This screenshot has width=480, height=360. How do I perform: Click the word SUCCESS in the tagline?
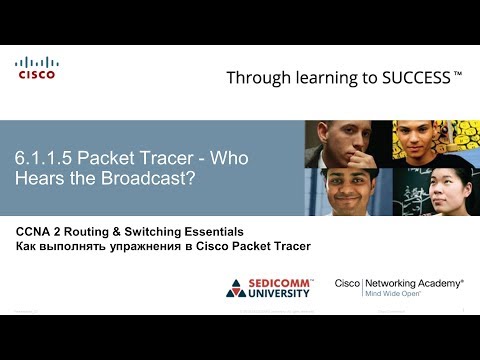coord(410,77)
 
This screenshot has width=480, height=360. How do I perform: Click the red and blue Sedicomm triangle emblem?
coord(237,288)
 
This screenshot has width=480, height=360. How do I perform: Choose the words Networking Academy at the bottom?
coord(415,283)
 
